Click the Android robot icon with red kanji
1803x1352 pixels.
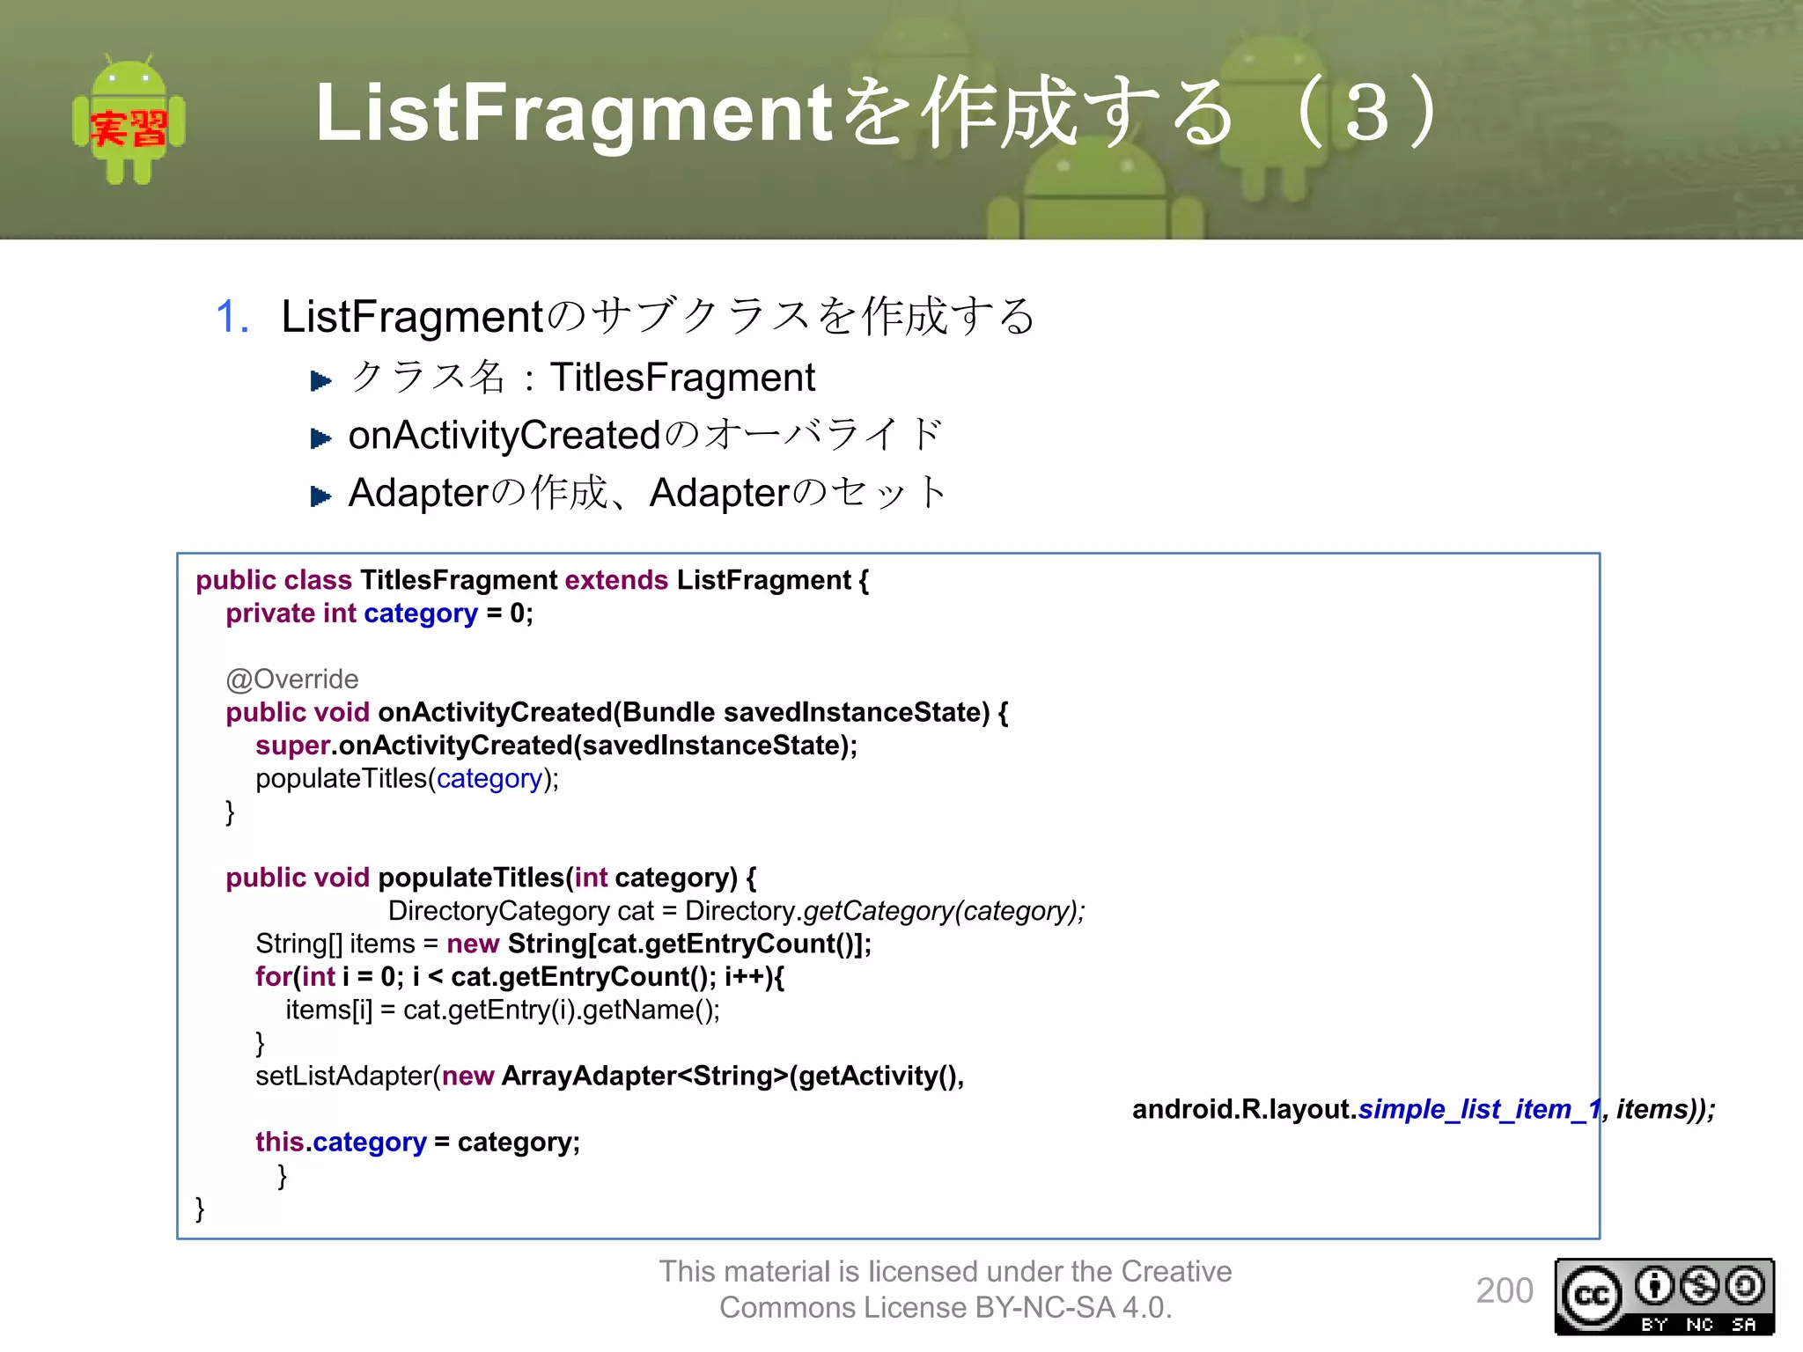(x=129, y=121)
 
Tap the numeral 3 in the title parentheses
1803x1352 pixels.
(x=1367, y=113)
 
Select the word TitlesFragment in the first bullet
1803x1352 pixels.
(x=682, y=378)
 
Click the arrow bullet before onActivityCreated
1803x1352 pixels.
(x=320, y=437)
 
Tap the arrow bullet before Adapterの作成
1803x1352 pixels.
(x=320, y=496)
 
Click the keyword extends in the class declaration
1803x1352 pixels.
(x=616, y=580)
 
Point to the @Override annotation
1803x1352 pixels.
(x=291, y=679)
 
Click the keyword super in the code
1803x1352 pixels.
(x=292, y=746)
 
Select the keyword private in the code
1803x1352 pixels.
(x=270, y=614)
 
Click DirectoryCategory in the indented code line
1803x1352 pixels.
(x=498, y=910)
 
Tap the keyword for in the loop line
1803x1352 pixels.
(x=273, y=976)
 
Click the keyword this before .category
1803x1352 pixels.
(x=279, y=1142)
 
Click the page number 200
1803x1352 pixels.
(x=1504, y=1290)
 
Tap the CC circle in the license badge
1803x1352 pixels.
(x=1592, y=1296)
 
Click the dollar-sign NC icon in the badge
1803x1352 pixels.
(x=1699, y=1286)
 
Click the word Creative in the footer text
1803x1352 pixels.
(x=1176, y=1271)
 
